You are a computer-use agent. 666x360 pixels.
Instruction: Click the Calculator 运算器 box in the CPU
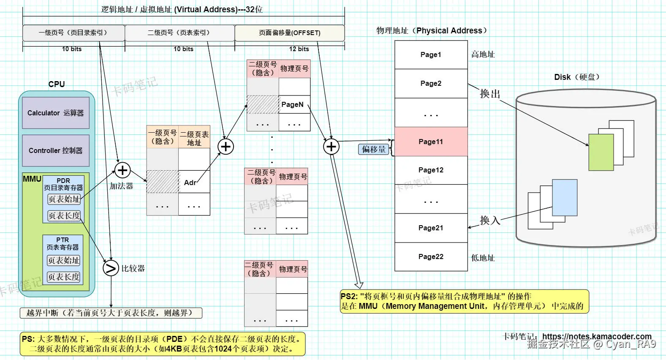click(56, 113)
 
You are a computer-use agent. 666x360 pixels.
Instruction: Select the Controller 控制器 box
click(56, 150)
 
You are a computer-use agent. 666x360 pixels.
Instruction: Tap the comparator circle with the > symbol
click(111, 268)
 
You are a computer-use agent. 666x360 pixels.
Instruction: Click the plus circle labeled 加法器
click(122, 170)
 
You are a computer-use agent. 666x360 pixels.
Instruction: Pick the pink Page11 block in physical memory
click(431, 142)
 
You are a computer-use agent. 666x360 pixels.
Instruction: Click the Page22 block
click(431, 256)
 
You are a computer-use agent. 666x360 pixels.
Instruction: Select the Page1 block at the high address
click(431, 55)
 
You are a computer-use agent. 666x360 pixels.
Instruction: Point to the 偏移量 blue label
click(374, 149)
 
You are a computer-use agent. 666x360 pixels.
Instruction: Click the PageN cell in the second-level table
click(294, 104)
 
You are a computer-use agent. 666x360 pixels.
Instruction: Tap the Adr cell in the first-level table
click(194, 182)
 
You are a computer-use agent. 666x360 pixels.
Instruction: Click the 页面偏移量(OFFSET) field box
click(290, 33)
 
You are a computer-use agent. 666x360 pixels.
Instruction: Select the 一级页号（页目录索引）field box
click(73, 33)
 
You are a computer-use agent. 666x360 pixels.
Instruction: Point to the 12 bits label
click(299, 49)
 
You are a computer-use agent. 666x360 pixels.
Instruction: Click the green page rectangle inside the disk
click(601, 152)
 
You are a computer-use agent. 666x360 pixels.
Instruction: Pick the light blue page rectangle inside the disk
click(565, 197)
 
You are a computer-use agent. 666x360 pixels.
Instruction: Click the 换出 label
click(490, 94)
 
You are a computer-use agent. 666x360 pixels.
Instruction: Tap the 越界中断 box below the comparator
click(111, 313)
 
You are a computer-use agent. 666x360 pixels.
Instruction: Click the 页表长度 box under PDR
click(64, 215)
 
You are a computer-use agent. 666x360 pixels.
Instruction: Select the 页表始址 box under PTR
click(63, 260)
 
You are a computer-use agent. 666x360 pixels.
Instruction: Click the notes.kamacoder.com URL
click(596, 336)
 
